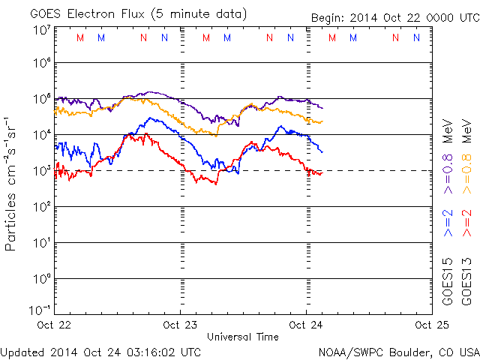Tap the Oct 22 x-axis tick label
click(55, 325)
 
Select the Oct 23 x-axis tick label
click(181, 325)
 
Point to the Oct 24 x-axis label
click(305, 325)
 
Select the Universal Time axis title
click(242, 337)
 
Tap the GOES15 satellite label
click(448, 279)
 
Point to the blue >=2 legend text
click(448, 223)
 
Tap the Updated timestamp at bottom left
click(100, 351)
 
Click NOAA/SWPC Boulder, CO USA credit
click(398, 351)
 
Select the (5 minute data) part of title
click(199, 14)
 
